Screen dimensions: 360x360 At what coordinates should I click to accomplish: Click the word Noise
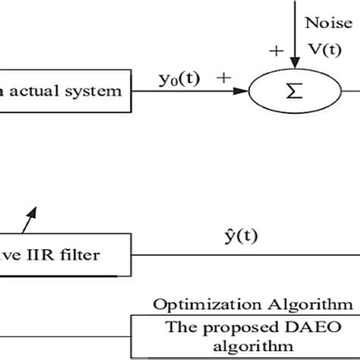click(327, 24)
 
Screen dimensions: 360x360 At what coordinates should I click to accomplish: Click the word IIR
click(40, 254)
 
